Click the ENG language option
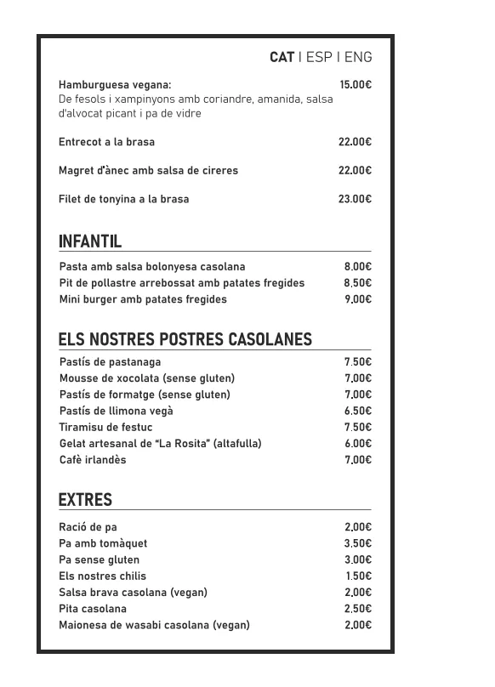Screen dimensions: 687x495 click(358, 58)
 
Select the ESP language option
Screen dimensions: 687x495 click(319, 58)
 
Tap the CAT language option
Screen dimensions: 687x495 click(282, 58)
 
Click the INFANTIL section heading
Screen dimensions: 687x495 click(90, 241)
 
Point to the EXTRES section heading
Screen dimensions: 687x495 click(85, 500)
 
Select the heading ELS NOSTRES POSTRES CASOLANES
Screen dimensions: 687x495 click(185, 340)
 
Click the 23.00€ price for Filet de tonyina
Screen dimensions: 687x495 click(355, 199)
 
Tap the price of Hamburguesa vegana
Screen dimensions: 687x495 click(356, 85)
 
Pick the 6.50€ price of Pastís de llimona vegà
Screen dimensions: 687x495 click(358, 411)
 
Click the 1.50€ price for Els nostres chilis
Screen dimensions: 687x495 click(358, 576)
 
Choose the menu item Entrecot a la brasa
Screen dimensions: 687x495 click(106, 142)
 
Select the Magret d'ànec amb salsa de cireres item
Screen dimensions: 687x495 click(148, 171)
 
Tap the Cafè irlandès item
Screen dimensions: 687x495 click(92, 460)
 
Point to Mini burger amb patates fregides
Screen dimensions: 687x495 click(143, 299)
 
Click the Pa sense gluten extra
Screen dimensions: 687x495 click(99, 559)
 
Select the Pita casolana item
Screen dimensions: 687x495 click(92, 609)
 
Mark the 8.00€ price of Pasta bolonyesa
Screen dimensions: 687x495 click(358, 267)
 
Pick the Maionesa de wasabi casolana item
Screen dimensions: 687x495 click(154, 625)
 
